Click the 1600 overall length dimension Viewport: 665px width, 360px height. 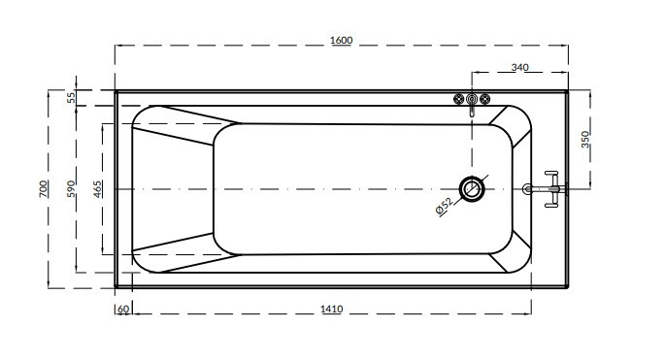(x=342, y=41)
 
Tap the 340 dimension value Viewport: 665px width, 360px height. (x=520, y=67)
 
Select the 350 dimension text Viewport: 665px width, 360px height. (x=585, y=140)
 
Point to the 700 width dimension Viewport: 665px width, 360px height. (x=44, y=188)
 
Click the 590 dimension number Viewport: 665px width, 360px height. (x=71, y=188)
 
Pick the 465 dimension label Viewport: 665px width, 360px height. (x=97, y=189)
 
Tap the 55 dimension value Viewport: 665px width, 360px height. (x=72, y=98)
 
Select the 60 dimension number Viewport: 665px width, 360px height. (x=123, y=310)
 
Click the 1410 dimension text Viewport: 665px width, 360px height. (x=332, y=310)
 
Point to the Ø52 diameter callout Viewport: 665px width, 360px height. (x=444, y=207)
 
